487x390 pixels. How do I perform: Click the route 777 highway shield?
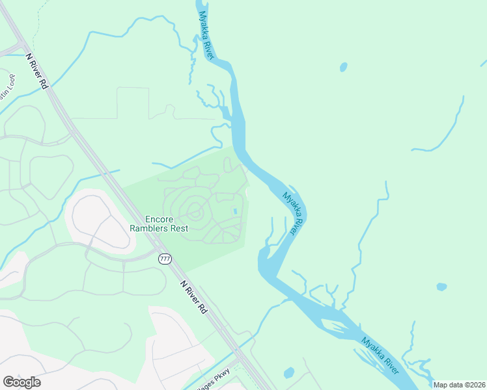coord(165,259)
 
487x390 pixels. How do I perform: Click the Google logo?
coord(22,382)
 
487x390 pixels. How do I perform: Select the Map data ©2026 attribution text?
coord(459,385)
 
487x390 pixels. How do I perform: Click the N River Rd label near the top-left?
coord(37,71)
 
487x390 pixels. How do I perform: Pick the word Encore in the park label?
coord(159,219)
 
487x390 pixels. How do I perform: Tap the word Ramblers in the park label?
coord(149,228)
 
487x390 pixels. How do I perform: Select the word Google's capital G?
coord(8,382)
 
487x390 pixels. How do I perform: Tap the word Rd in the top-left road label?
coord(44,84)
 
